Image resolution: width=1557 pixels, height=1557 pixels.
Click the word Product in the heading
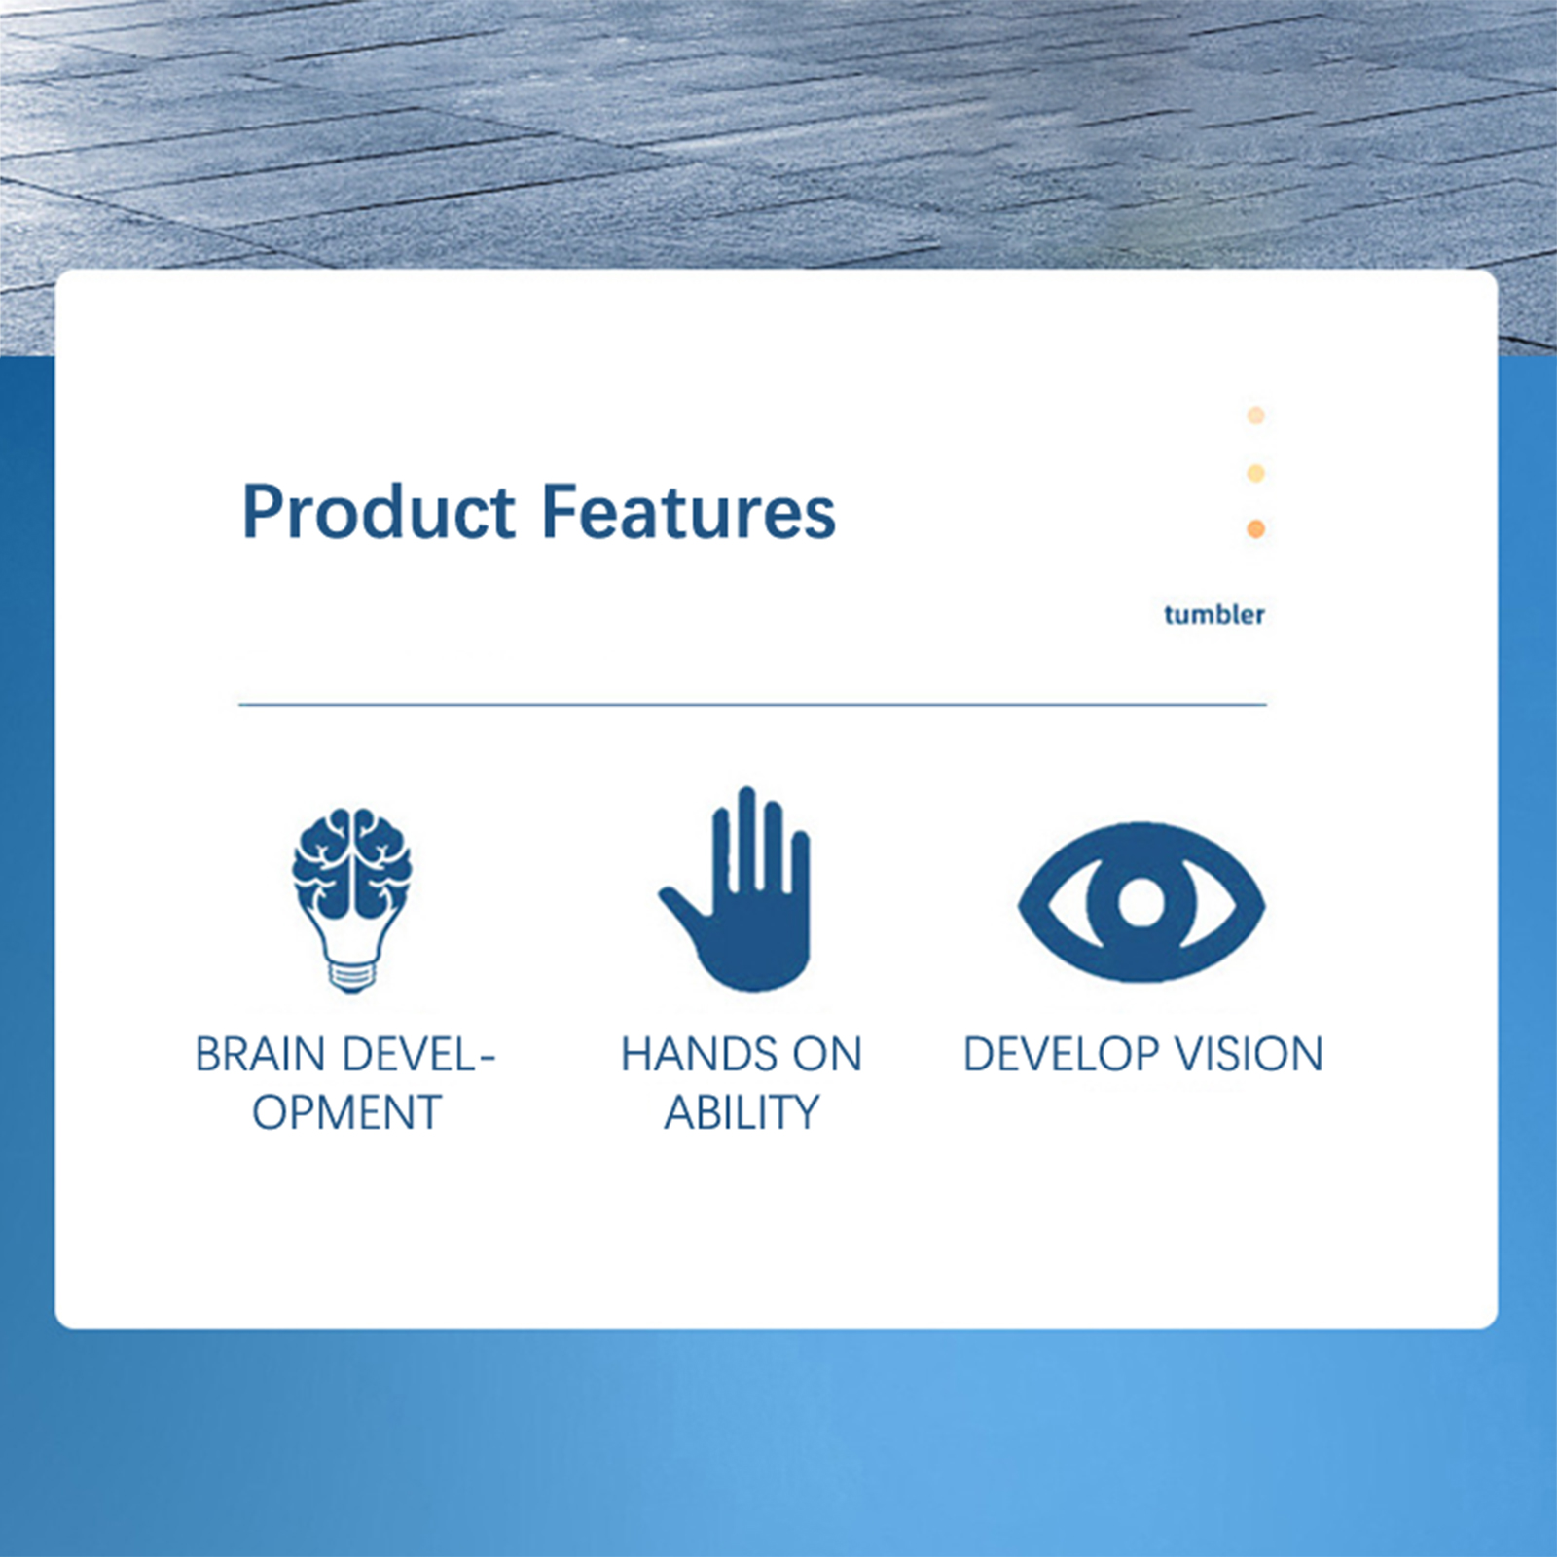(x=379, y=513)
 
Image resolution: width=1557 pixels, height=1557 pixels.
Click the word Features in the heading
(x=688, y=513)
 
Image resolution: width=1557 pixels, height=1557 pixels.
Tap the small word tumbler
(x=1214, y=614)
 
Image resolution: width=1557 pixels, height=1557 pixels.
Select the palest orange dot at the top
(x=1256, y=416)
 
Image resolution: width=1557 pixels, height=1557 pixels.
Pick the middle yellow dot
(x=1256, y=473)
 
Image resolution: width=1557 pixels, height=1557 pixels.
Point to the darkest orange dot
(x=1256, y=528)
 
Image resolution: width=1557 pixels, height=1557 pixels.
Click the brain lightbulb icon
(x=351, y=899)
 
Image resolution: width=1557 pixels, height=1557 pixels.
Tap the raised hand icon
(x=737, y=888)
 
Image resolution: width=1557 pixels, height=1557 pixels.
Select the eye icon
(x=1141, y=902)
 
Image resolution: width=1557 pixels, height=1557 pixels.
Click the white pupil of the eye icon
(x=1141, y=901)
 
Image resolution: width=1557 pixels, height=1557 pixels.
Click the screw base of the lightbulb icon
(x=351, y=975)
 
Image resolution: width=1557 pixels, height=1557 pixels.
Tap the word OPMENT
(x=347, y=1113)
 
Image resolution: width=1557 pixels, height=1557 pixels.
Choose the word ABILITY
(x=742, y=1113)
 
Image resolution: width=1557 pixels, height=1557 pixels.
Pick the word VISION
(x=1249, y=1055)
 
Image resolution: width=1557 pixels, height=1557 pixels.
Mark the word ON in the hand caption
(x=827, y=1055)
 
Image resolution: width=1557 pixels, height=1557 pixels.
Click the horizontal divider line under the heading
(x=752, y=704)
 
